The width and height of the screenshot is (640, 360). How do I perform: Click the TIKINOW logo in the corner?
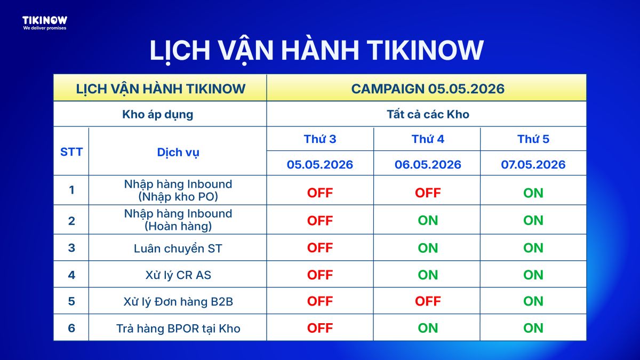[x=45, y=20]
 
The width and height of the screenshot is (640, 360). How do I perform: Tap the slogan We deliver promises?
[x=45, y=28]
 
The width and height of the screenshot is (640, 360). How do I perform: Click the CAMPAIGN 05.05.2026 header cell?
[x=428, y=89]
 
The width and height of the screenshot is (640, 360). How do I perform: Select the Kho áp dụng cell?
[x=158, y=115]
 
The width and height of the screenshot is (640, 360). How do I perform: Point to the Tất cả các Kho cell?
[x=428, y=114]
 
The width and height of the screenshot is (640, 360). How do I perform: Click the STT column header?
[x=71, y=151]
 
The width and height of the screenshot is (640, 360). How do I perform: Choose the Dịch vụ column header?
[x=178, y=153]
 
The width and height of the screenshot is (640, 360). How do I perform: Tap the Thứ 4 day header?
[x=428, y=139]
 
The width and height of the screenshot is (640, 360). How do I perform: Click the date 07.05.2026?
[x=533, y=165]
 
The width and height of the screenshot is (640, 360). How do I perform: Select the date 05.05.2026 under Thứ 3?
[x=320, y=165]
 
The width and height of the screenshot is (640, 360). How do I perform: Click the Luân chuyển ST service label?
[x=178, y=249]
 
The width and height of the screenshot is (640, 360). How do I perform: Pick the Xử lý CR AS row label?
[x=178, y=275]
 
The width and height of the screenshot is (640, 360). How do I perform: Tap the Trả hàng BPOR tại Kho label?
[x=178, y=329]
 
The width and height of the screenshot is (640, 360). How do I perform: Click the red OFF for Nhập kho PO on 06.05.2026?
[x=428, y=193]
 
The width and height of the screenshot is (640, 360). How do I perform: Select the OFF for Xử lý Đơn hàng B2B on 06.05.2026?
[x=428, y=301]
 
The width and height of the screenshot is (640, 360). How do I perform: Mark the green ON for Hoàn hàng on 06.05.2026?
[x=428, y=220]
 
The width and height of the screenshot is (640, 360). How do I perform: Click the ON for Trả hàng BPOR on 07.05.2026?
[x=533, y=328]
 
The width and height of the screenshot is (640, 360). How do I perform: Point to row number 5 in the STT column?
[x=71, y=301]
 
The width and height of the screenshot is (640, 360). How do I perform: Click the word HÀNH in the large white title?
[x=320, y=50]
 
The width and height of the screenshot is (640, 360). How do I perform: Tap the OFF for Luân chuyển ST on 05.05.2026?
[x=320, y=247]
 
